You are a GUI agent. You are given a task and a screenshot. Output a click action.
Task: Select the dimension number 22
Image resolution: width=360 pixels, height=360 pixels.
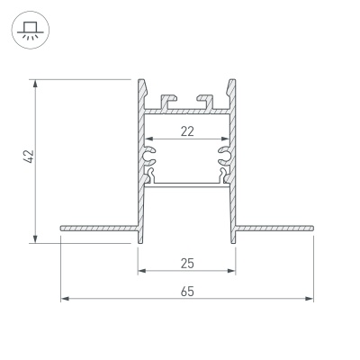tap(186, 131)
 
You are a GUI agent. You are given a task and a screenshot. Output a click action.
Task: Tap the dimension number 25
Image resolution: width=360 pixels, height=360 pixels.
tap(186, 264)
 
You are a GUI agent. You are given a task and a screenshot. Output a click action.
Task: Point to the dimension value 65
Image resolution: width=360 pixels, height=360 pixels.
tap(186, 290)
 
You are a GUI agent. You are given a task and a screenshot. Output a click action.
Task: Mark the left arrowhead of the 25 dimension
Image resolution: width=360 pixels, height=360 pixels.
tap(141, 273)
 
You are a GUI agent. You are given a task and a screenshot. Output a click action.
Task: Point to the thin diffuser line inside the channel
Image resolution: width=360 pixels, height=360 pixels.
tap(186, 184)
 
